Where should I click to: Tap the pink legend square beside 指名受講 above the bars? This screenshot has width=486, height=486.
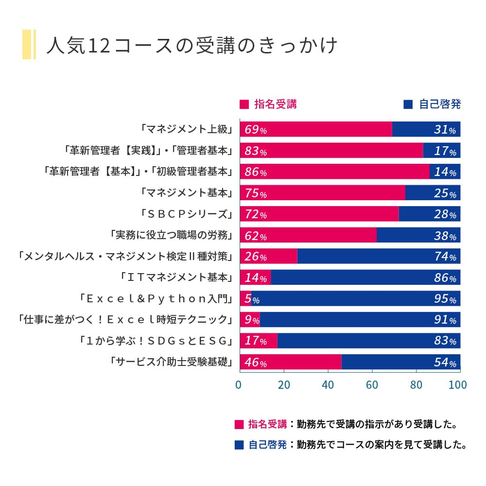point(244,104)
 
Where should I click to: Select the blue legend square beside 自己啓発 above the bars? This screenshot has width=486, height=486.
point(408,104)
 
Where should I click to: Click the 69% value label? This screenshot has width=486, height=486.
point(255,130)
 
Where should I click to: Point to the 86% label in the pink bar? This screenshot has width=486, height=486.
point(255,172)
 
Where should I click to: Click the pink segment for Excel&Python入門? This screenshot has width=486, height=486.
point(245,298)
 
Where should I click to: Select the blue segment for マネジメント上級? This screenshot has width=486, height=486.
point(426,129)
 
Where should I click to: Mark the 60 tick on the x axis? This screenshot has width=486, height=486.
point(372,385)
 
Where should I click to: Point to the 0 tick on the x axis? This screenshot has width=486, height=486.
point(239,385)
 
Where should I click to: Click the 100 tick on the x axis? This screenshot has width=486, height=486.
point(458,385)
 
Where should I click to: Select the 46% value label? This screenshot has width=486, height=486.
point(255,363)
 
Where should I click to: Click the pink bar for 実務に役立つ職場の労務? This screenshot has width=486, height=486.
point(308,235)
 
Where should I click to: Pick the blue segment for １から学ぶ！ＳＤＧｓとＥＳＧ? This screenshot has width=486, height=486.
point(368,340)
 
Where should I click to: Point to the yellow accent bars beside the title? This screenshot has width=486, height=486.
point(29,45)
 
